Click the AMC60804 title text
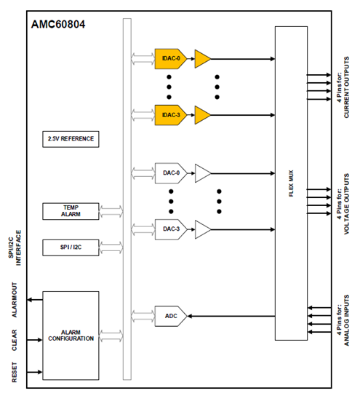[x=58, y=25]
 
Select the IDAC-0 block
[x=171, y=58]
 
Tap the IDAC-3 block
[x=171, y=115]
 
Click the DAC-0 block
[x=171, y=173]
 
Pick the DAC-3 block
[x=171, y=229]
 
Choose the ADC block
[x=171, y=316]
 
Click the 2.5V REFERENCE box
[x=71, y=139]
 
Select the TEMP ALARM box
[x=71, y=211]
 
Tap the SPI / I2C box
[x=71, y=247]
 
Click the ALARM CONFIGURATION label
[x=71, y=336]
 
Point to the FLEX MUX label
[x=291, y=183]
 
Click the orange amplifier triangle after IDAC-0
[x=203, y=59]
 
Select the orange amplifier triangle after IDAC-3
[x=203, y=115]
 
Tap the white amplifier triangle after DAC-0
[x=203, y=173]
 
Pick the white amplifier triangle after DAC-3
[x=203, y=229]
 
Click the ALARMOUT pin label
[x=15, y=300]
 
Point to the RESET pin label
[x=15, y=372]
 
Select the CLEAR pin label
[x=15, y=340]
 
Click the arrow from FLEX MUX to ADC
[x=231, y=316]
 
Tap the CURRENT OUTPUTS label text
[x=346, y=87]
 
